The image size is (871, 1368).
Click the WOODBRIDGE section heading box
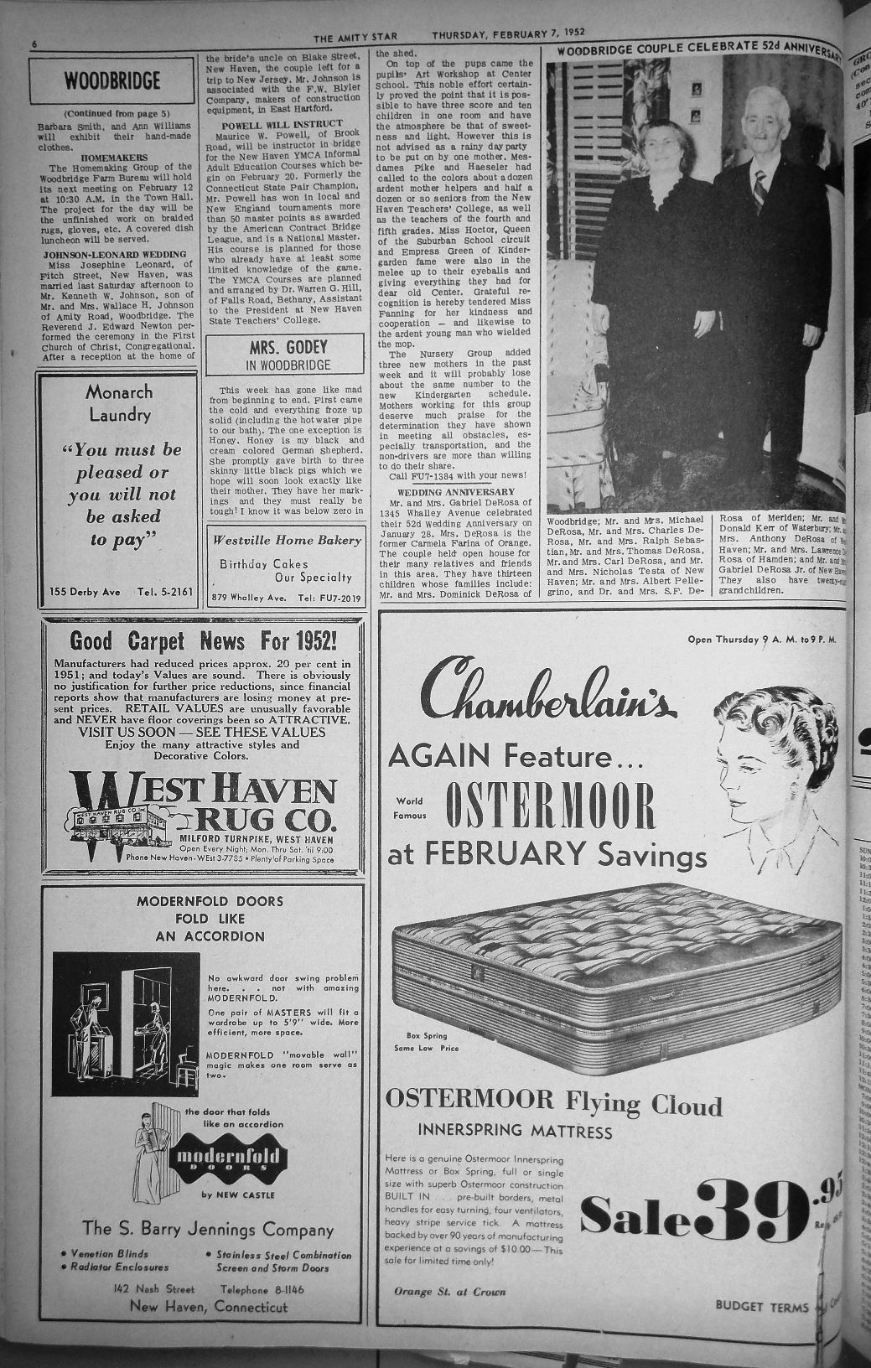[111, 81]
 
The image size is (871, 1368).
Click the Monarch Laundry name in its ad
[119, 403]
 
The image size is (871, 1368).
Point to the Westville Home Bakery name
[287, 540]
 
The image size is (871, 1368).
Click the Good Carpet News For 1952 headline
[204, 642]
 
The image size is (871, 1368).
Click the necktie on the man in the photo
[760, 190]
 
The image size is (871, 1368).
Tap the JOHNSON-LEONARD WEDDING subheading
[115, 254]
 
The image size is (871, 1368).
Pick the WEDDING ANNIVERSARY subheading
[455, 491]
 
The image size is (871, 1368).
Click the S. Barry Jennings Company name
[208, 1229]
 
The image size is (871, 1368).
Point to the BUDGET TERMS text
[762, 1306]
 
